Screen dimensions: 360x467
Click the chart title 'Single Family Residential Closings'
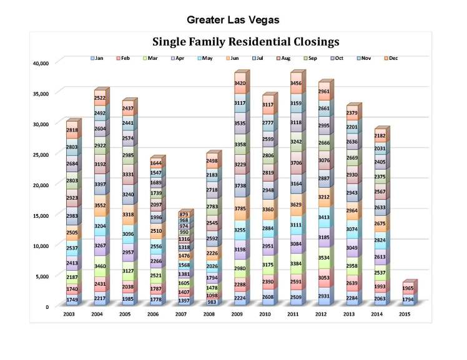[x=246, y=42]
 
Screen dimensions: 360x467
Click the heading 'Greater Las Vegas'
[x=233, y=20]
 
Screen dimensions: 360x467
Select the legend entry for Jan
[x=97, y=58]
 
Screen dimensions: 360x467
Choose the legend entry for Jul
[x=257, y=58]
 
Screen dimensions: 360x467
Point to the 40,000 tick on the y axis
[x=39, y=63]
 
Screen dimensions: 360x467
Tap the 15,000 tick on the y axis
[x=39, y=215]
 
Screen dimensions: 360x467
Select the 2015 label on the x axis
[x=404, y=313]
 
